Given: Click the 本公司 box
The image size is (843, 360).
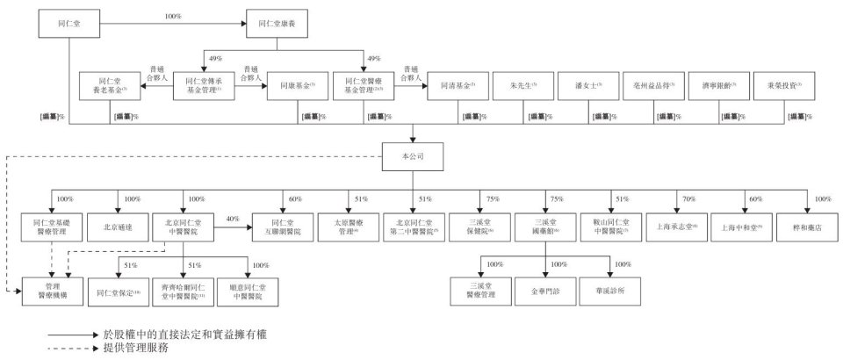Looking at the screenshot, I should [412, 155].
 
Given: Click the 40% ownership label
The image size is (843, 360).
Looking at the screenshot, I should [233, 219].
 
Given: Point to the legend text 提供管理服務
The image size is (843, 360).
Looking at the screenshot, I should [135, 347].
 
